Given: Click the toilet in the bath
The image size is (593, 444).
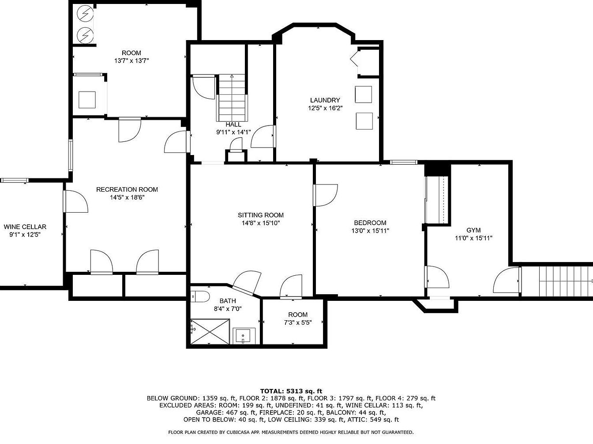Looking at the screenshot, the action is point(200,297).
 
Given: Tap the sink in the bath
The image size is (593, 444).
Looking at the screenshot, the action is point(244,336).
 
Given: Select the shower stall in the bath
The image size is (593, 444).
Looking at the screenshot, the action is point(210,332).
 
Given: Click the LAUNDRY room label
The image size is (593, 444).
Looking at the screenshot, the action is point(325,100).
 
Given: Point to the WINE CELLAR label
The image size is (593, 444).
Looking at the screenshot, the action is point(25,227).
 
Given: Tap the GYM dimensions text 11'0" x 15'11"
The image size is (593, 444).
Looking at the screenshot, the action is point(473,238).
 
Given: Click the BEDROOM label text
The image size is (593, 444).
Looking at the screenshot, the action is point(370,223).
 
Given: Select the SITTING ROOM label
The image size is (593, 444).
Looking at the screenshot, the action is point(261,215).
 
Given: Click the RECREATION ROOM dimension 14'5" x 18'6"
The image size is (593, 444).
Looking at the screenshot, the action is point(127,197).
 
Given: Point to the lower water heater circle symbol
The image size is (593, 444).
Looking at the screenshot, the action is point(85,35).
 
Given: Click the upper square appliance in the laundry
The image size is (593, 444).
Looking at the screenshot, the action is point(364,94).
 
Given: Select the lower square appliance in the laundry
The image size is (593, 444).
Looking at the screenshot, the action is point(364,121).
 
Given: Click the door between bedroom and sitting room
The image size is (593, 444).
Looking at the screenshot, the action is point(326,195).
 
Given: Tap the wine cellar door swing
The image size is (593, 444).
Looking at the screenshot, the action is point(75,201).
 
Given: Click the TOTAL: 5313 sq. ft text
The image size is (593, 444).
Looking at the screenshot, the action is point(291,391).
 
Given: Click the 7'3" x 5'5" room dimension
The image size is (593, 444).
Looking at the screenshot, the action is point(298,322).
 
